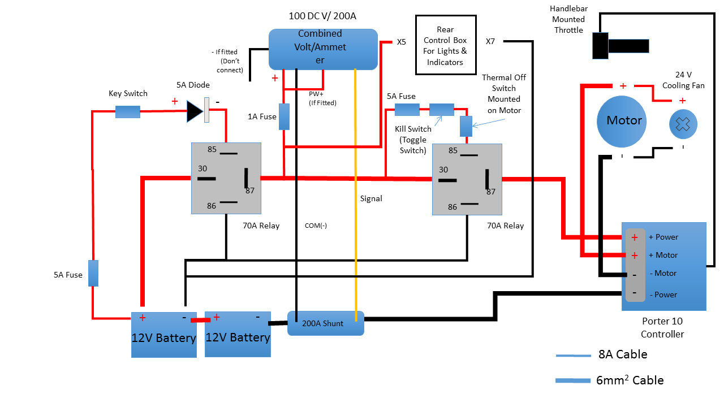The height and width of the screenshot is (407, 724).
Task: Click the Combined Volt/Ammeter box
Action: tap(322, 49)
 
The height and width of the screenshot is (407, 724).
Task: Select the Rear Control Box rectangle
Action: tap(445, 45)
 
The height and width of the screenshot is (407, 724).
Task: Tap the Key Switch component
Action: tap(128, 111)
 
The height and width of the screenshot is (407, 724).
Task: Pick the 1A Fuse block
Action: tap(285, 116)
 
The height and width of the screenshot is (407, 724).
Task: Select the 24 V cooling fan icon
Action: tap(683, 125)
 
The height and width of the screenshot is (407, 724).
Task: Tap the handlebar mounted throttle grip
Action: tap(620, 46)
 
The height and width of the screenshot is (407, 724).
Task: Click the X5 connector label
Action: tap(402, 42)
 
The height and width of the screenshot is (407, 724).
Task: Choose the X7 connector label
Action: tap(490, 41)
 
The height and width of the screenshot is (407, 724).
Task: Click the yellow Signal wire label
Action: tap(371, 198)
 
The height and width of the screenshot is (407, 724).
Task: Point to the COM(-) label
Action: tap(316, 226)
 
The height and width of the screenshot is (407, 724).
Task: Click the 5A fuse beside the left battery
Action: tap(93, 273)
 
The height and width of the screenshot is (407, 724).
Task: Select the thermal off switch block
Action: tap(466, 126)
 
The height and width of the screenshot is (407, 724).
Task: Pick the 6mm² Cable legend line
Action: tap(572, 380)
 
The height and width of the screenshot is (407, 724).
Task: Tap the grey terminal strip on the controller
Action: tap(635, 265)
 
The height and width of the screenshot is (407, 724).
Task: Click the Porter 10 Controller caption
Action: tap(662, 327)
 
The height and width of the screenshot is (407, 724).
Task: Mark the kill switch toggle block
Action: tap(442, 110)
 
